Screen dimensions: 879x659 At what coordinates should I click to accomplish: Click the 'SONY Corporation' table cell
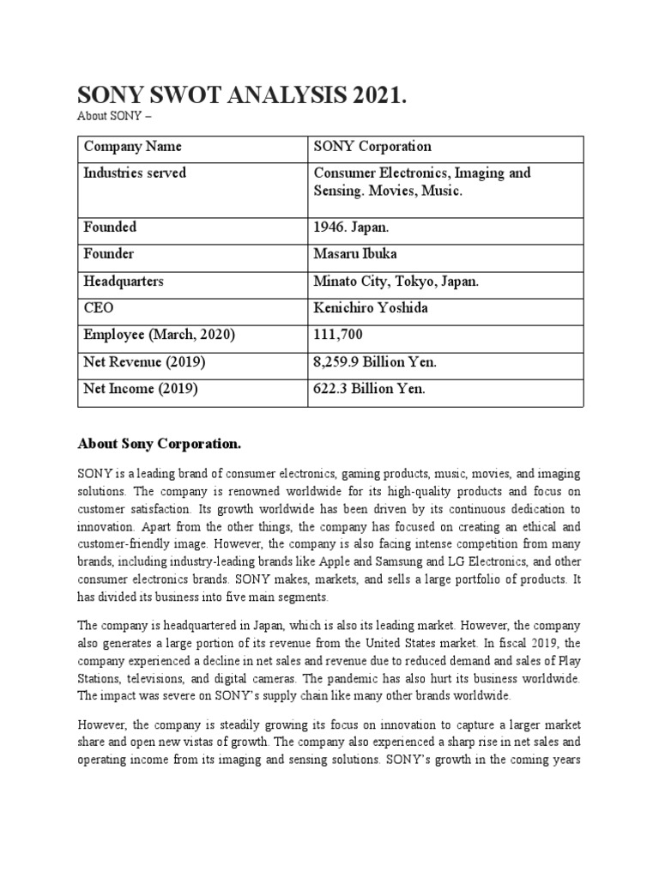click(x=372, y=148)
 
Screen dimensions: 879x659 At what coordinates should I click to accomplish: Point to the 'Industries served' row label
click(x=135, y=173)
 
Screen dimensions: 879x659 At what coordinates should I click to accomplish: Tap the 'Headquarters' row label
click(x=124, y=282)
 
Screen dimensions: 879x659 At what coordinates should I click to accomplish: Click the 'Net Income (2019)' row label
click(x=141, y=389)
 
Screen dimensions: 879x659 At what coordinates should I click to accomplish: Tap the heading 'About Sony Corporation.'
click(x=160, y=444)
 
